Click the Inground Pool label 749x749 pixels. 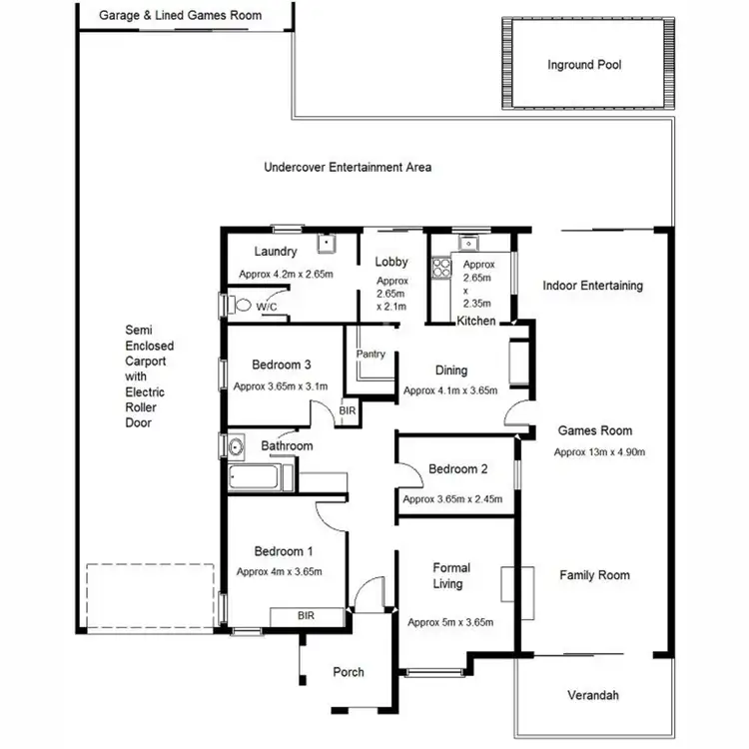[x=584, y=65]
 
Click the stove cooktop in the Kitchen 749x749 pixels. [x=440, y=269]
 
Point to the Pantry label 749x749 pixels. [x=371, y=355]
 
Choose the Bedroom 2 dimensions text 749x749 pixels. [x=451, y=499]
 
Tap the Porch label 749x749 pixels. [x=349, y=672]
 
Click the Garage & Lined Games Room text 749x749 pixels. [x=181, y=15]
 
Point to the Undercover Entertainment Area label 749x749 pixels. [x=348, y=168]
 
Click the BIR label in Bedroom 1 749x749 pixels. [x=306, y=616]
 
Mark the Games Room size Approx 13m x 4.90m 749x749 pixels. [x=600, y=451]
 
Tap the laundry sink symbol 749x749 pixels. [x=326, y=243]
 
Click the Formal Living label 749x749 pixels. [x=451, y=575]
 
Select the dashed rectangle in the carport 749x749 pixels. [x=150, y=596]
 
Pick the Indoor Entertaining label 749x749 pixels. [x=592, y=286]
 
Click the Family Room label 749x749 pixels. [x=594, y=575]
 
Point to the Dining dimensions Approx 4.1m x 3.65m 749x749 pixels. [x=449, y=390]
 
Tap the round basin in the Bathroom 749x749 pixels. [x=237, y=445]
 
